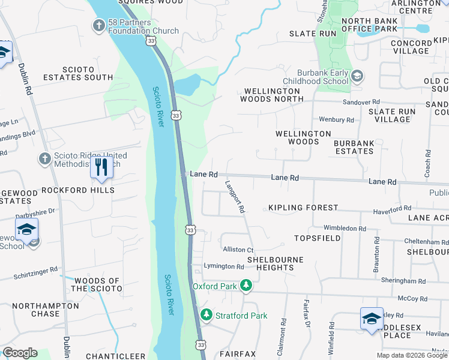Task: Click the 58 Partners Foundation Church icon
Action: coord(98,25)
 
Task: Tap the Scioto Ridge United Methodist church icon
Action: coord(44,158)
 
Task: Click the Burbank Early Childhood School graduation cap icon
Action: coord(357,76)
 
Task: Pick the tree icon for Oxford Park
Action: coord(245,286)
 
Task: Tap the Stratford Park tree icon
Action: coord(206,315)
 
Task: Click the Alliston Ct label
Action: coord(238,250)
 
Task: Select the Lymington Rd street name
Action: coord(223,266)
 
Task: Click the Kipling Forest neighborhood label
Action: coord(303,208)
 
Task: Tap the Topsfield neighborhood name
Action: coord(318,238)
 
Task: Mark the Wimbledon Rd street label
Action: coord(345,229)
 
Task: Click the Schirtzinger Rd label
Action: coord(37,273)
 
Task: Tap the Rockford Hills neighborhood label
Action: coord(78,190)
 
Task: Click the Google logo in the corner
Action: coord(20,353)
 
